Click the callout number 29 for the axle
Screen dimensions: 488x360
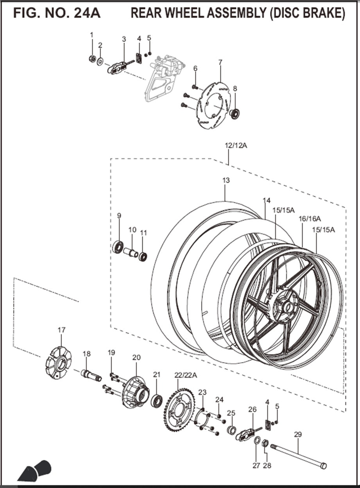tap(298, 434)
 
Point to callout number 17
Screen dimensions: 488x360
tap(61, 330)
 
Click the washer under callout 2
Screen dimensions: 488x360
tap(100, 61)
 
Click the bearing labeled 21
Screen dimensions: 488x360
tap(158, 401)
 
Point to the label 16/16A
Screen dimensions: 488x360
tap(310, 219)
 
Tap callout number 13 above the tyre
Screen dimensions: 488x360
tap(226, 180)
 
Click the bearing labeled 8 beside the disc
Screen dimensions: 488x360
tap(235, 114)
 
